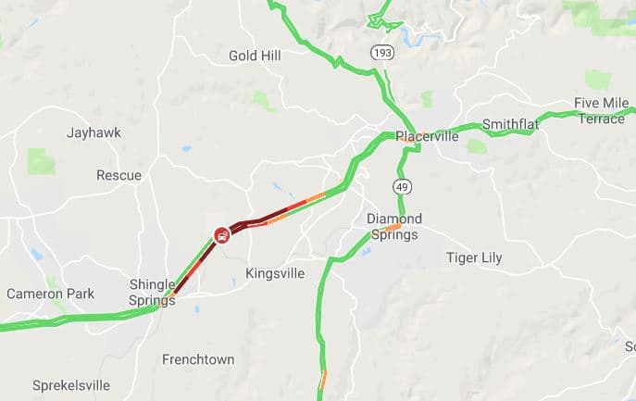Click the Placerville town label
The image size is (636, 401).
(427, 136)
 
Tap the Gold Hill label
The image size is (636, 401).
(255, 56)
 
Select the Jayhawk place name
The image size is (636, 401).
(94, 132)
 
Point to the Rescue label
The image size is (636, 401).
(118, 175)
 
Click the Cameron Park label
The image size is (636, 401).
(50, 294)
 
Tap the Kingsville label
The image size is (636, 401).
(275, 273)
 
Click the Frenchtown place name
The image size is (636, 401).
(198, 358)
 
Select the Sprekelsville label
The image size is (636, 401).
(70, 384)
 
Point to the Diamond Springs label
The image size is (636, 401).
(394, 226)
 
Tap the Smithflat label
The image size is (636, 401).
(511, 125)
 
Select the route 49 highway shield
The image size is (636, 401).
(402, 187)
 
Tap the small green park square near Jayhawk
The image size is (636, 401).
(41, 161)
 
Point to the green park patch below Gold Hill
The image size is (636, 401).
(265, 100)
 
